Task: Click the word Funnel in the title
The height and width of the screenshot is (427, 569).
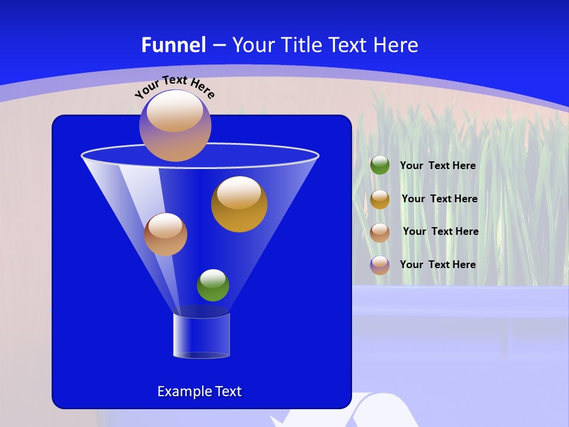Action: (x=174, y=45)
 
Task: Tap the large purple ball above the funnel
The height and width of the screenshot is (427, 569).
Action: (x=175, y=125)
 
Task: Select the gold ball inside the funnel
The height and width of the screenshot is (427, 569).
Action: (x=239, y=205)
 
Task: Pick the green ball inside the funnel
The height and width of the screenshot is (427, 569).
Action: (x=213, y=285)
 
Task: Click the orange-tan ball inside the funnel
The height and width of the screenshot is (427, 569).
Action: (x=165, y=234)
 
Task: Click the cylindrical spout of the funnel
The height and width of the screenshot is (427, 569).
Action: (x=202, y=336)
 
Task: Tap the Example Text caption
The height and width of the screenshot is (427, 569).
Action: (x=199, y=391)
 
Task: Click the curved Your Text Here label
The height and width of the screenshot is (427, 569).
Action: (x=174, y=87)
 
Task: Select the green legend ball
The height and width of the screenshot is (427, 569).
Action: (x=380, y=165)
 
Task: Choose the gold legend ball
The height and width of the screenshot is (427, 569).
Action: (x=380, y=199)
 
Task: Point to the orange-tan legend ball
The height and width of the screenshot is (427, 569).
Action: (x=380, y=232)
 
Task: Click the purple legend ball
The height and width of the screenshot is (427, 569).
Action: (x=380, y=265)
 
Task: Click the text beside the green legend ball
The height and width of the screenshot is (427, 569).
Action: (x=437, y=166)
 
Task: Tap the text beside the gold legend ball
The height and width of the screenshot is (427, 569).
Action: (x=439, y=199)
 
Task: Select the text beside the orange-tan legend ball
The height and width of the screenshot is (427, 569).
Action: (x=440, y=232)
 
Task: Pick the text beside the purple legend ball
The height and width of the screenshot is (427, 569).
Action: (x=437, y=265)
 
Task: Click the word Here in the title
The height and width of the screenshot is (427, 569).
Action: (x=397, y=45)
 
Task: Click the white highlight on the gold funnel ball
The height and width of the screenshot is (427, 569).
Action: (x=239, y=193)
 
